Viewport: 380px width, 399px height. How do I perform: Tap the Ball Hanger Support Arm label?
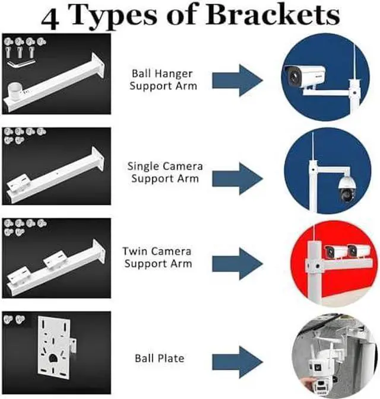point(164,79)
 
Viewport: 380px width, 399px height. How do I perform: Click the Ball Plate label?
point(160,358)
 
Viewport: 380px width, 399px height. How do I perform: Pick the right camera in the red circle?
point(358,250)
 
